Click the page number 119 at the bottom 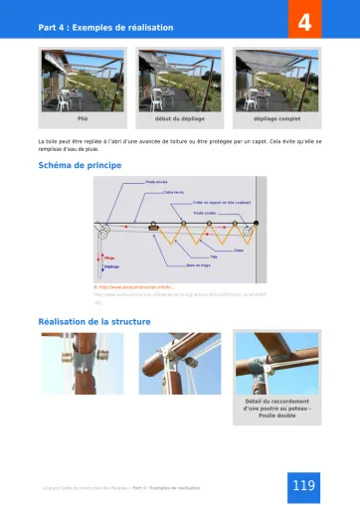pyautogui.click(x=304, y=485)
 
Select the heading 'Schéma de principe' pyautogui.click(x=80, y=165)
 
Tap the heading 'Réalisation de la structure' pyautogui.click(x=94, y=321)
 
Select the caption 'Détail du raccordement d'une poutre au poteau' pyautogui.click(x=277, y=409)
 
